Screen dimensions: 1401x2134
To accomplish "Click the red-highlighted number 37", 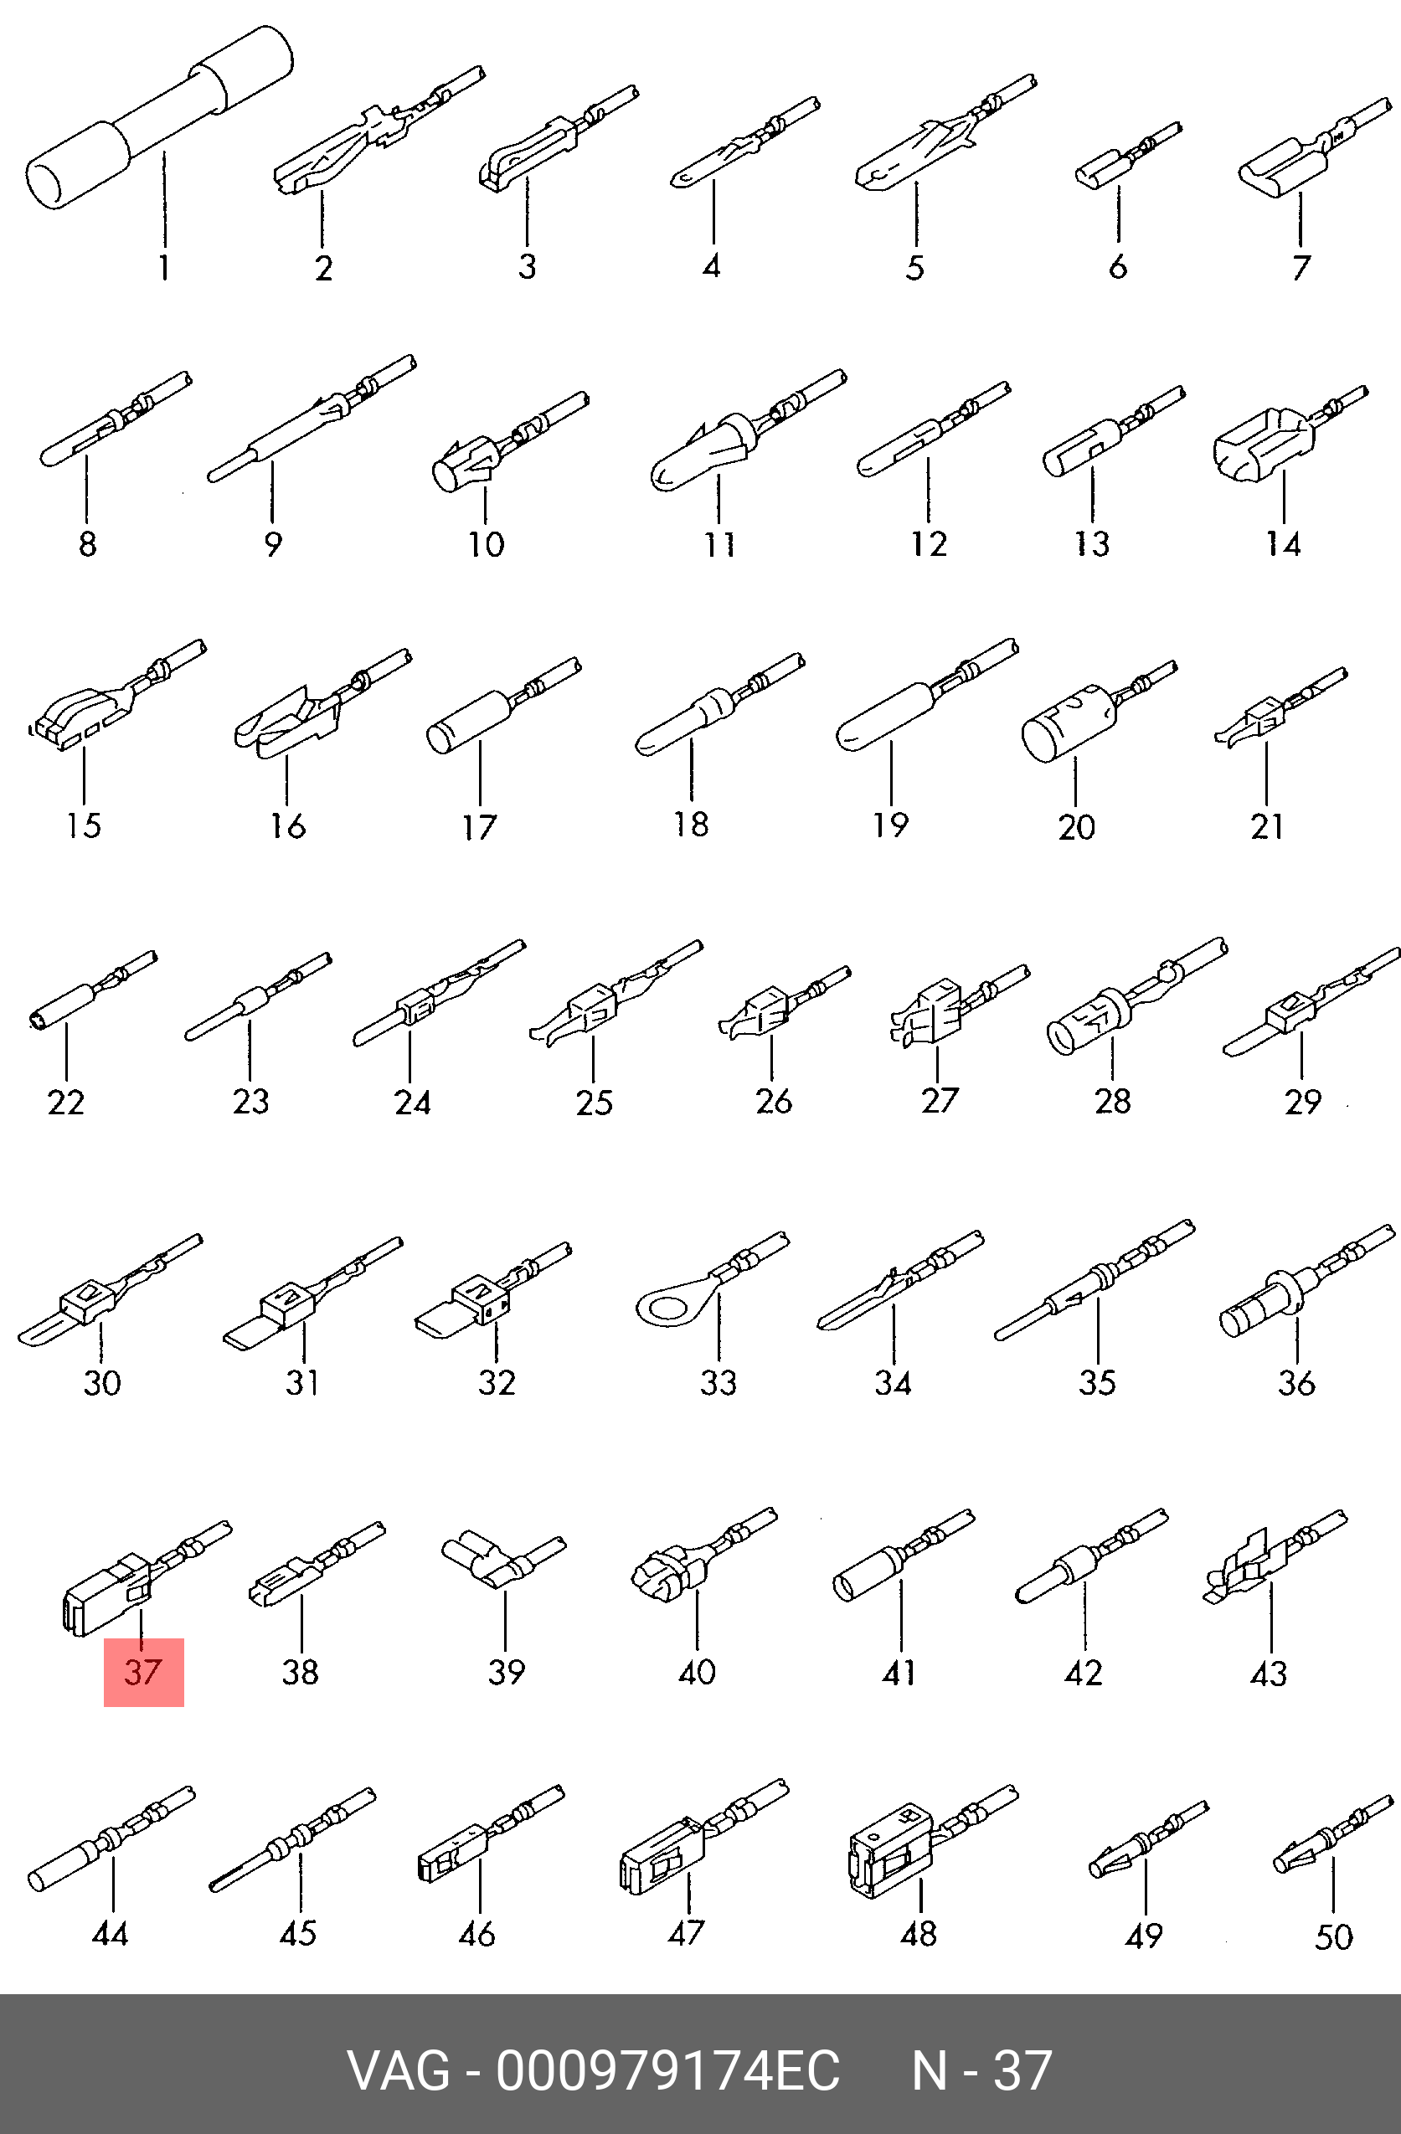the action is (143, 1671).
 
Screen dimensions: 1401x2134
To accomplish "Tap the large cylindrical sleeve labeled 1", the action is (160, 116).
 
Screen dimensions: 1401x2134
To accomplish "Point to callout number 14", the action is (1283, 543).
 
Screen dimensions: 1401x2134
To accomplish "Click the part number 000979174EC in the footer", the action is (668, 2070).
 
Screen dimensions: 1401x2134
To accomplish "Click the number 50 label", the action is (1333, 1936).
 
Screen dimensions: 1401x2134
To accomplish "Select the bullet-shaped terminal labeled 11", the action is (747, 429).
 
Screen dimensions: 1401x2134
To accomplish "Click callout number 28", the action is (1112, 1100).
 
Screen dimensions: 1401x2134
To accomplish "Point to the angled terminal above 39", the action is (503, 1561).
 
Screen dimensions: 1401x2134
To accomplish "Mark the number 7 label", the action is (1301, 266).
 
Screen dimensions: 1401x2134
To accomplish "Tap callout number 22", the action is (65, 1102).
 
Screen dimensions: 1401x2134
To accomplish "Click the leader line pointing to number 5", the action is (916, 215).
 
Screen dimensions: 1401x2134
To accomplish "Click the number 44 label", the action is (111, 1933).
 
